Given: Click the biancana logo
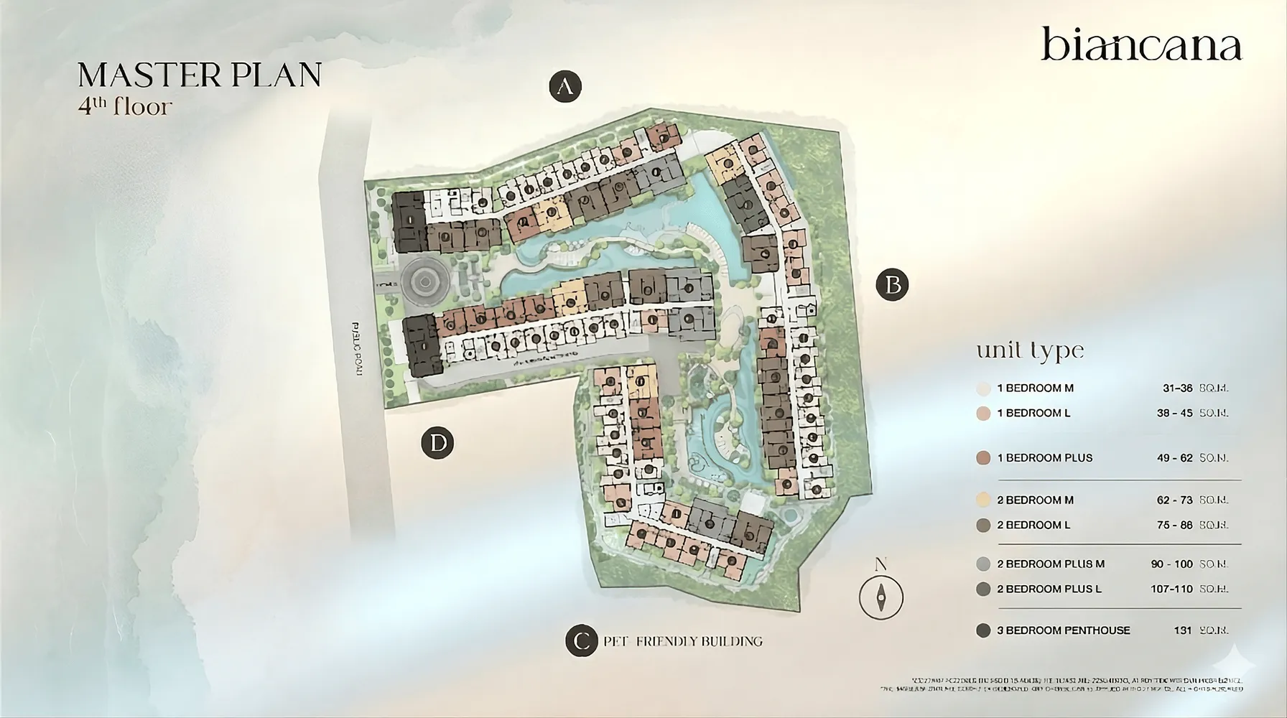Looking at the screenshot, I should point(1141,45).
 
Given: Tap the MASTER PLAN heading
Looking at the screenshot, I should point(200,75).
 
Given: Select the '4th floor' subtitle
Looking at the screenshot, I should point(125,107).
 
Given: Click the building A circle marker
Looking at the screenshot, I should point(565,87).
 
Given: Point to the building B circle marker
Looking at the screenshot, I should point(893,285).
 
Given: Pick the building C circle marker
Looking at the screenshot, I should point(582,641).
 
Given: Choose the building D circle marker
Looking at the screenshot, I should point(438,442).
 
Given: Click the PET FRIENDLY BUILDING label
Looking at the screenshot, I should point(682,641).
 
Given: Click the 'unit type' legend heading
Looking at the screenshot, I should point(1029,350).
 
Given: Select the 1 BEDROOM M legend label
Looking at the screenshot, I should point(1035,388).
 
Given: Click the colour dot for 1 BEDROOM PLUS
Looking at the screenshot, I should point(983,458).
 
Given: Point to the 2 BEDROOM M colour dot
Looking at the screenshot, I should point(983,500).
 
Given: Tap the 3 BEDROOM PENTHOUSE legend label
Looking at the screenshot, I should point(1063,630).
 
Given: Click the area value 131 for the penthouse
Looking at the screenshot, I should point(1183,630).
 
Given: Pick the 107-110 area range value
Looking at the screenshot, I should point(1171,589).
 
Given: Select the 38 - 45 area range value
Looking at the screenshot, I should point(1174,413).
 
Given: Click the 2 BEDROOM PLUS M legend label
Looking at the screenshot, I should point(1050,564).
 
